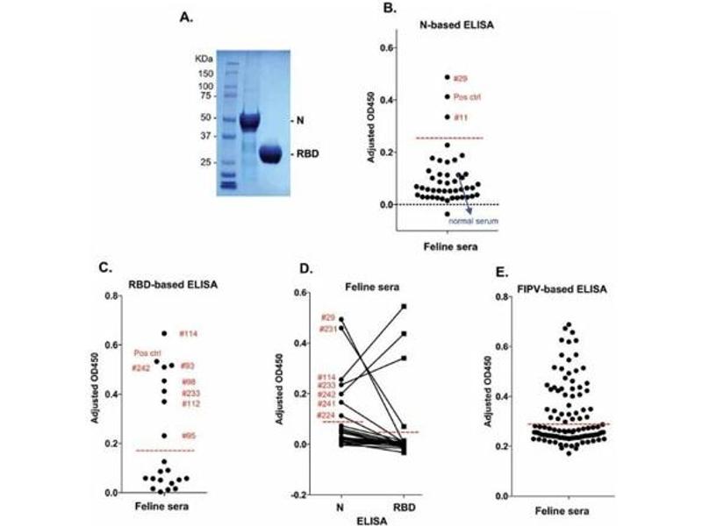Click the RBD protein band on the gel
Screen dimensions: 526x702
tap(282, 155)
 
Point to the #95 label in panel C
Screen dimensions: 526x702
tap(188, 436)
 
